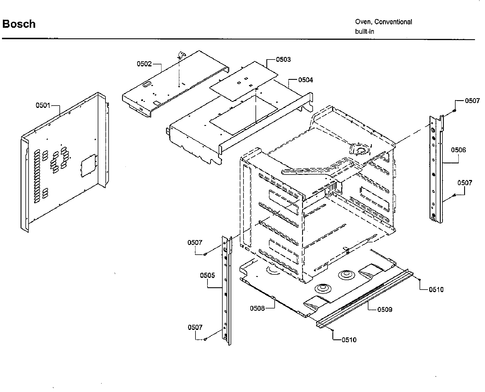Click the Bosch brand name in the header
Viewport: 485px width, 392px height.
click(x=19, y=24)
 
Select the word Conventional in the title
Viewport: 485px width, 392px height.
click(x=393, y=22)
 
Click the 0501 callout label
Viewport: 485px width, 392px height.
click(x=43, y=106)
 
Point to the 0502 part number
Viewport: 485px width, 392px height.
click(x=144, y=64)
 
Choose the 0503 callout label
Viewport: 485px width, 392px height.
click(x=283, y=60)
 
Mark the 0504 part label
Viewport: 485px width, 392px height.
click(x=306, y=80)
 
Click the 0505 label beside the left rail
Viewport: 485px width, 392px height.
click(x=207, y=276)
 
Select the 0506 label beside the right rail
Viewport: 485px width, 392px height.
click(x=458, y=150)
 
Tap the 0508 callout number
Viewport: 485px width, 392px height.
click(x=257, y=308)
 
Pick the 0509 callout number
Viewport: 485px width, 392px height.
click(x=385, y=310)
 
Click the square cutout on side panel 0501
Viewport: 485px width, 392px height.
click(x=88, y=166)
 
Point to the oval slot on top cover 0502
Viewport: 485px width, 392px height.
click(x=146, y=84)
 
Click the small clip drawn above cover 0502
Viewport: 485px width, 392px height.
click(x=182, y=54)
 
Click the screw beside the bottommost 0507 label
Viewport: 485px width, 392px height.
click(x=205, y=339)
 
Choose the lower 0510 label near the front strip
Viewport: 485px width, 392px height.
click(x=349, y=340)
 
